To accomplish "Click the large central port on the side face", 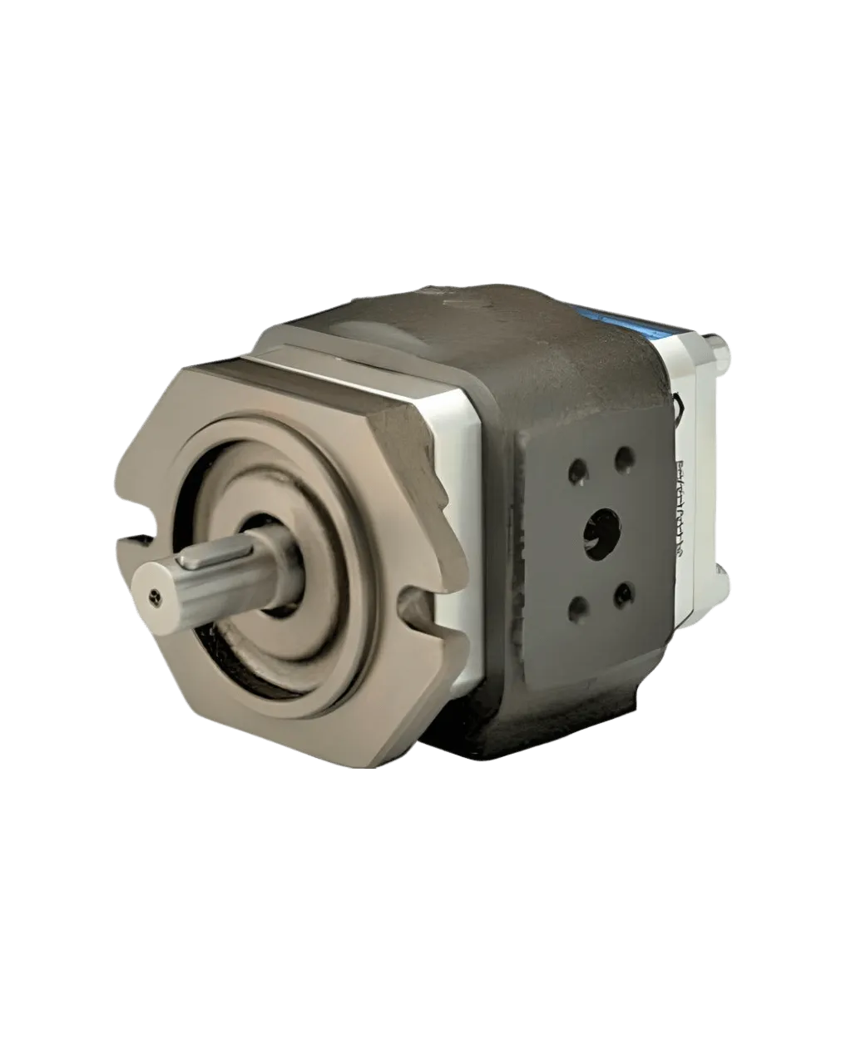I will pos(601,531).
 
